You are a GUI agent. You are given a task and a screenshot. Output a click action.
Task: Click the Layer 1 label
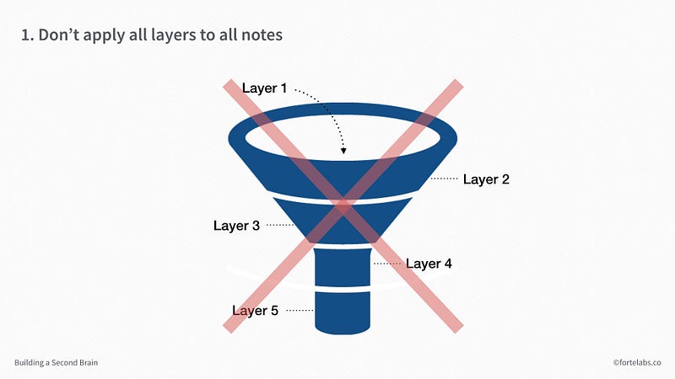264,88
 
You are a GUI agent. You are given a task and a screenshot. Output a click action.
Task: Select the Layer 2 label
486,179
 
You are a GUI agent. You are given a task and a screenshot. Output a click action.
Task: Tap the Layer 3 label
236,226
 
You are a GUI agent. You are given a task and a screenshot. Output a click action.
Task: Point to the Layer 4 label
429,264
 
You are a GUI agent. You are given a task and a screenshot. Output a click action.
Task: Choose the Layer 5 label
256,310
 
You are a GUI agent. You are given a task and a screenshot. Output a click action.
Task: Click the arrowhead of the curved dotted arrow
343,151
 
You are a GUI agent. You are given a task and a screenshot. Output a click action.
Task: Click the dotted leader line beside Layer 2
445,179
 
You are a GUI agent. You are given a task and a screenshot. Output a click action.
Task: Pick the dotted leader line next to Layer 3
280,225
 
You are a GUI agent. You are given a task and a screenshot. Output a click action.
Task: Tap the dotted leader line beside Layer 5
300,310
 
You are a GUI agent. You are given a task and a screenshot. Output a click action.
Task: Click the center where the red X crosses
343,206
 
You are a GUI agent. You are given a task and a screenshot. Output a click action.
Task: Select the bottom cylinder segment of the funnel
343,312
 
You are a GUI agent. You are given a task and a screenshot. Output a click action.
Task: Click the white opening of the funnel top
343,137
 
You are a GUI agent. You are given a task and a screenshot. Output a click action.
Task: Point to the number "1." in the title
27,35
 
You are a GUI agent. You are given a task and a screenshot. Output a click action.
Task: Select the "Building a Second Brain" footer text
56,363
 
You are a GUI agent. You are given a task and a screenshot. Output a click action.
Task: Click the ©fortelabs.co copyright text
637,363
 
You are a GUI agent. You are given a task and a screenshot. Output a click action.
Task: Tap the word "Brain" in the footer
88,363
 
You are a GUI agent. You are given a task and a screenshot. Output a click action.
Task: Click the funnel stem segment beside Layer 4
343,267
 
